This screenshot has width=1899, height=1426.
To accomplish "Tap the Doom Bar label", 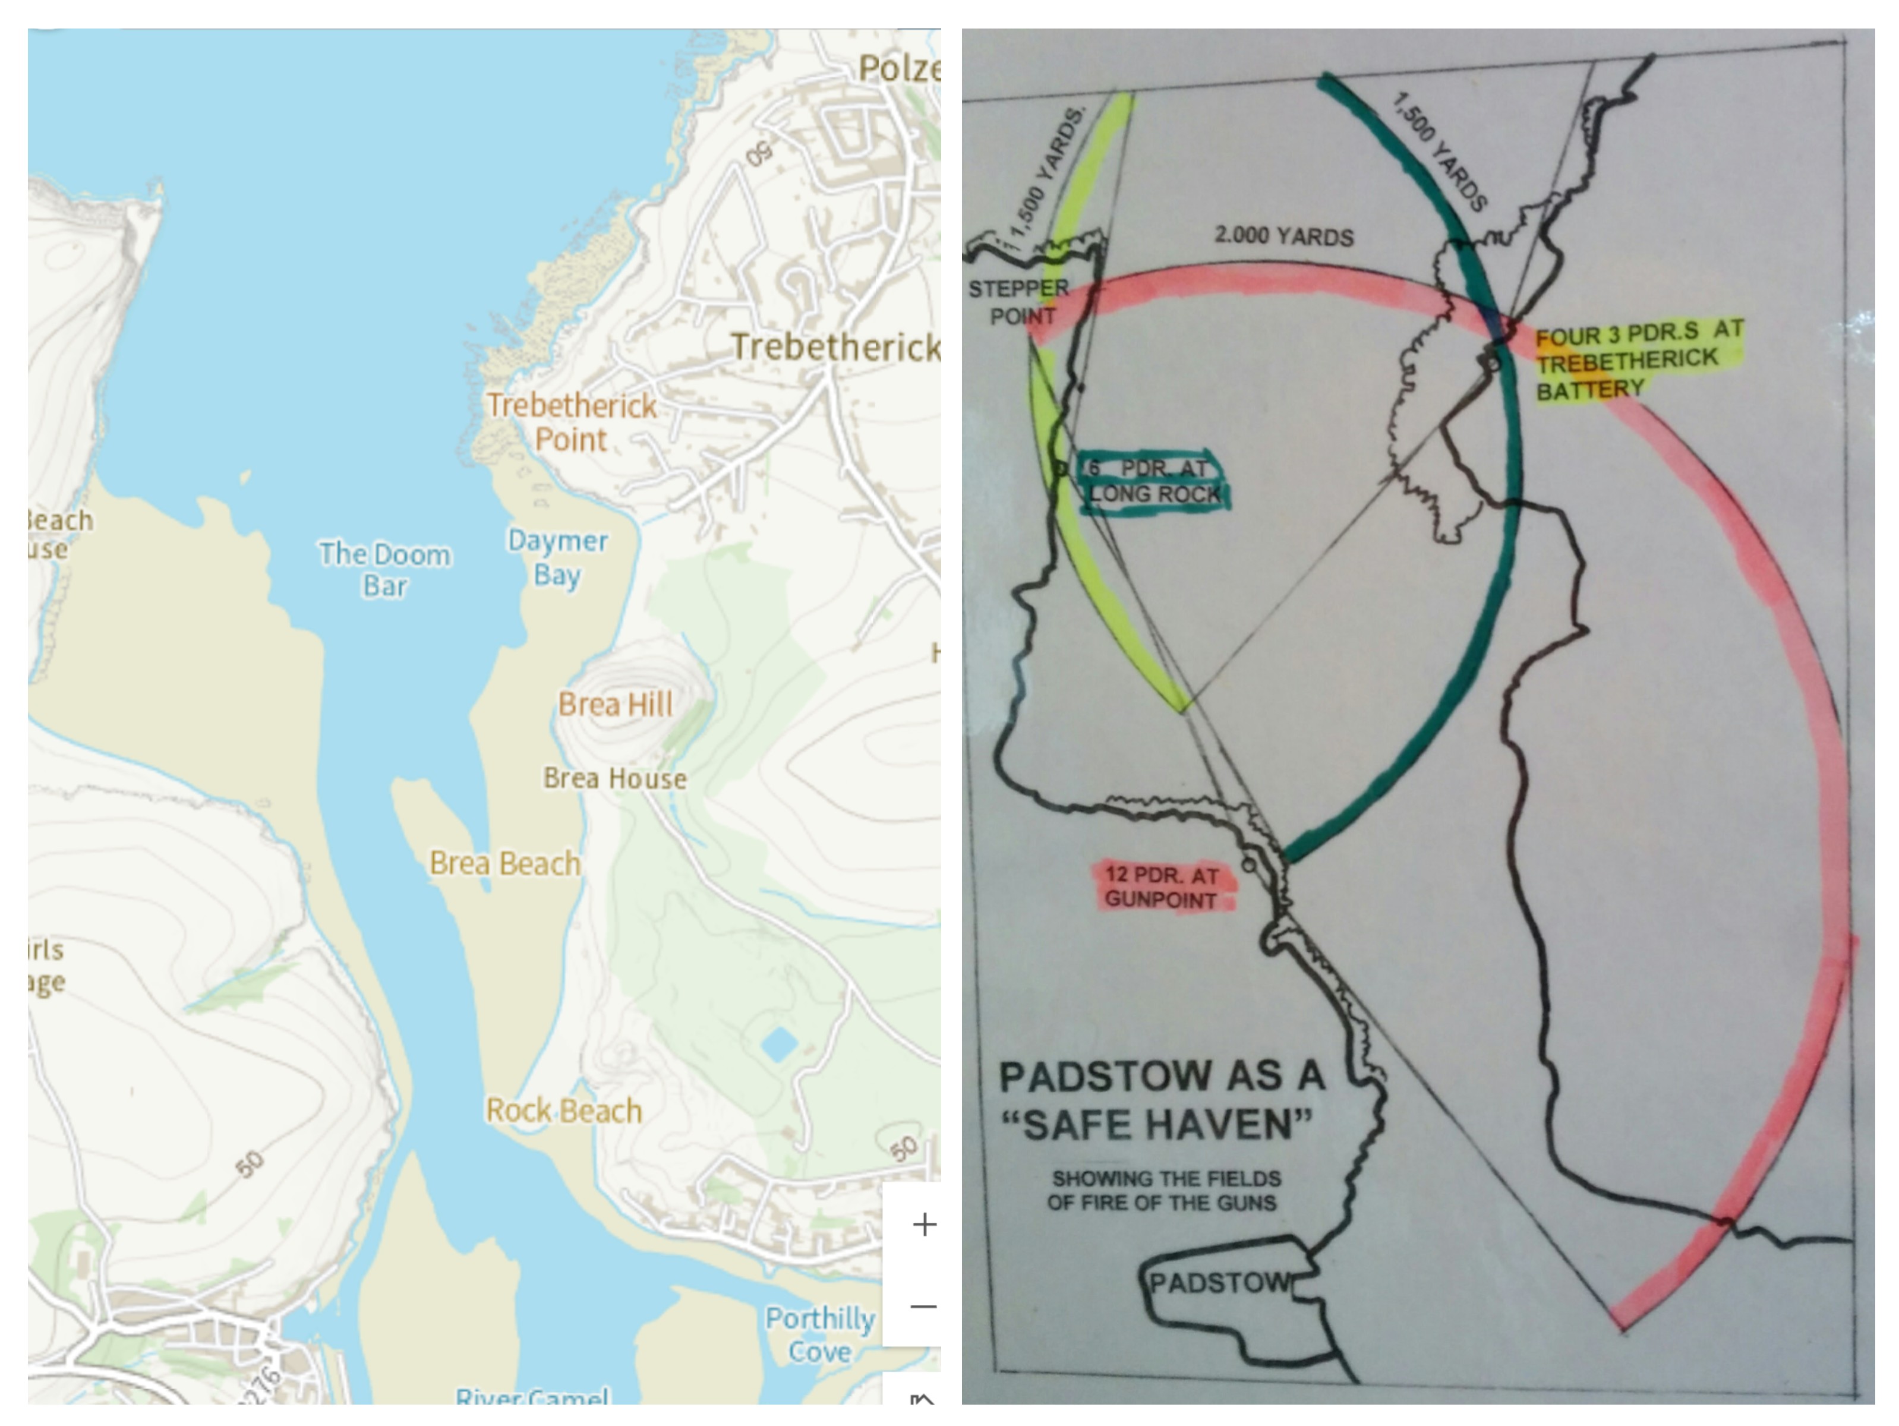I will pyautogui.click(x=384, y=569).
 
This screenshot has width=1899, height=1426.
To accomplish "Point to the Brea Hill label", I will pyautogui.click(x=616, y=705).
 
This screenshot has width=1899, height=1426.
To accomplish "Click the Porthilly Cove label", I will pyautogui.click(x=820, y=1334).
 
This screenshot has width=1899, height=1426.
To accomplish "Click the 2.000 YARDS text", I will pyautogui.click(x=1283, y=236).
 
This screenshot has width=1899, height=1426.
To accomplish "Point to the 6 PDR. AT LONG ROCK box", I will pyautogui.click(x=1153, y=481).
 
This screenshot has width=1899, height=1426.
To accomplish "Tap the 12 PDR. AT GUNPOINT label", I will pyautogui.click(x=1162, y=887).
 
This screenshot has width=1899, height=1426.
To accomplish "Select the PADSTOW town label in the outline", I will pyautogui.click(x=1219, y=1283).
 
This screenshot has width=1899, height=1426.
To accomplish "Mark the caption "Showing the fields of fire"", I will pyautogui.click(x=1165, y=1190).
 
